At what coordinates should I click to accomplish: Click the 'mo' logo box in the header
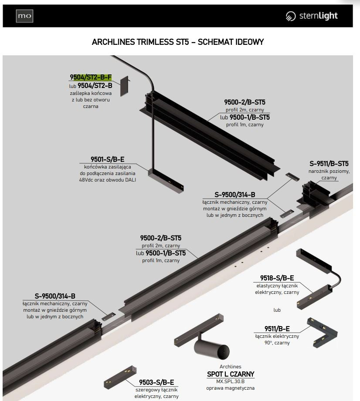[24, 16]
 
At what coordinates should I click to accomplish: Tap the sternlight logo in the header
[312, 16]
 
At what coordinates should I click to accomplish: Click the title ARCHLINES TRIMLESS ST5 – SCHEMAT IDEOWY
[178, 42]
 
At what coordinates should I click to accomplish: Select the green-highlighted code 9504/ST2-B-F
[91, 77]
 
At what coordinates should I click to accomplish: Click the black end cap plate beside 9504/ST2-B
[124, 86]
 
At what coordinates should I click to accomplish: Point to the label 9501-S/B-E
[107, 159]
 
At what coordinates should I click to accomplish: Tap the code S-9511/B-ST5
[329, 163]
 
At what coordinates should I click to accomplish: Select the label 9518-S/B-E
[277, 278]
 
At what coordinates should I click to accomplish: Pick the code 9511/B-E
[277, 329]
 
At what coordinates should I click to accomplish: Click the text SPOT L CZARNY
[231, 374]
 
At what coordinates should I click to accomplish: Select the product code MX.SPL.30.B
[231, 381]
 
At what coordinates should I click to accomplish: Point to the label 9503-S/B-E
[156, 382]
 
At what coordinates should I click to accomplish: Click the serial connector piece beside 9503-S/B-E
[120, 377]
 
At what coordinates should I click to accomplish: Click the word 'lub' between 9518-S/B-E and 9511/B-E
[277, 310]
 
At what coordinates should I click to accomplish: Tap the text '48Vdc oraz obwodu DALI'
[108, 180]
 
